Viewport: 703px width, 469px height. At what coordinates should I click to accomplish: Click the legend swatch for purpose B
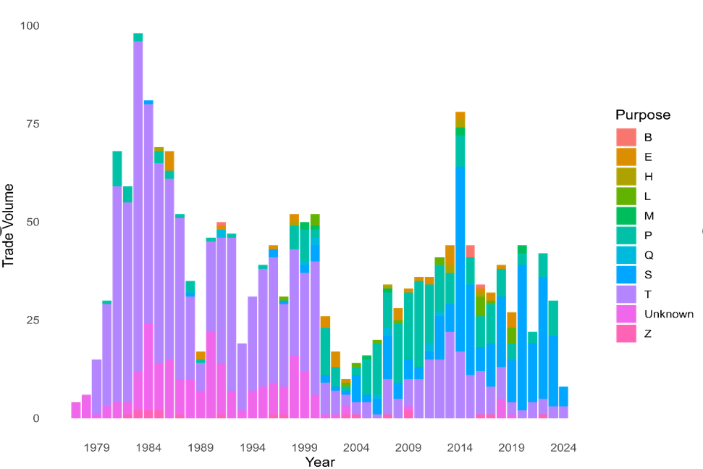tap(626, 137)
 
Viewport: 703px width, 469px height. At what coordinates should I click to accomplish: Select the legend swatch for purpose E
tap(626, 157)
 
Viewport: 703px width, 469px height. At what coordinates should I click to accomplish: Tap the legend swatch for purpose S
tap(626, 275)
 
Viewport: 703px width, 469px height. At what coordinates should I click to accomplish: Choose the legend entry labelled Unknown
tap(668, 314)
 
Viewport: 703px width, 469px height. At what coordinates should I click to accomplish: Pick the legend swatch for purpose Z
tap(626, 333)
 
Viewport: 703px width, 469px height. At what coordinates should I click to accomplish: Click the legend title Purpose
tap(643, 115)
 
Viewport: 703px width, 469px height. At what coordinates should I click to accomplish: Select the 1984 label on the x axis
tap(148, 447)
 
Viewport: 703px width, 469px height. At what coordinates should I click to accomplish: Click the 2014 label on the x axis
tap(460, 447)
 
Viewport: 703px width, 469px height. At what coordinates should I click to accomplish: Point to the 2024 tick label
tap(563, 447)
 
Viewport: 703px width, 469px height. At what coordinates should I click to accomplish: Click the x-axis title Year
tap(319, 462)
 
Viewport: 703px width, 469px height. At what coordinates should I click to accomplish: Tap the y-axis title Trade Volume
tap(9, 222)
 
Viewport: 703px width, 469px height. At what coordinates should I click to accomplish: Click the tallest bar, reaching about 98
tap(138, 217)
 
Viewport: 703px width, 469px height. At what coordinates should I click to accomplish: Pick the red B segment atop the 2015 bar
tap(470, 251)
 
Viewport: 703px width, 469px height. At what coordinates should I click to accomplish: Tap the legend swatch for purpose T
tap(626, 294)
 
